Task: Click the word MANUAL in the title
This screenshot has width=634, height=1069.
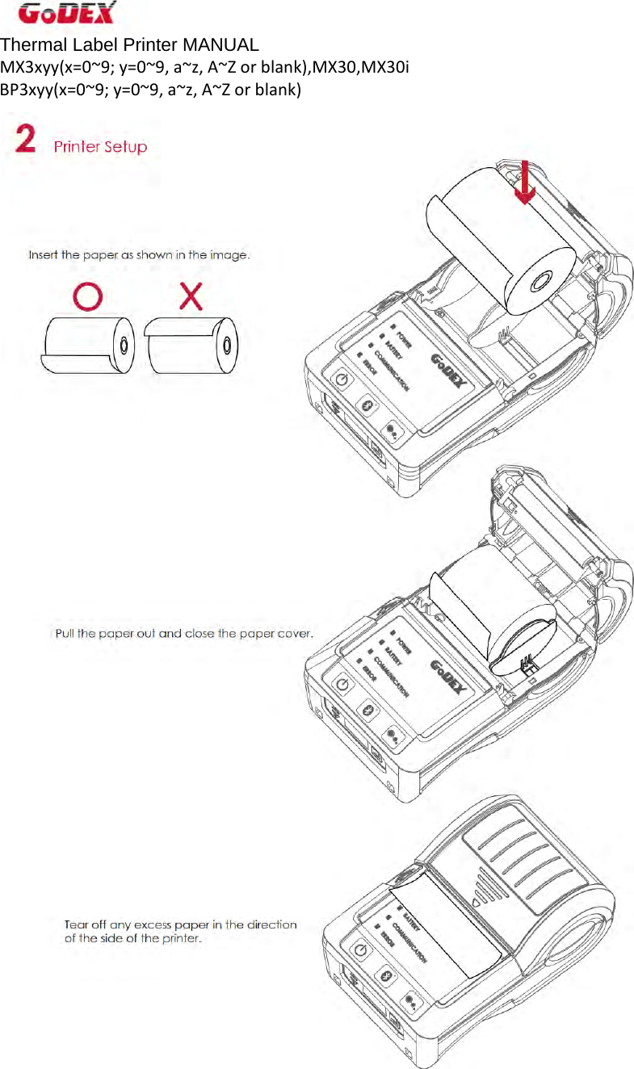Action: [x=220, y=44]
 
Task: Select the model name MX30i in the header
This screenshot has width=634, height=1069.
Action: [x=387, y=66]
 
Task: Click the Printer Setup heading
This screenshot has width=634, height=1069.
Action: [x=100, y=147]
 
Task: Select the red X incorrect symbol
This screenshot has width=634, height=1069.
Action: [x=191, y=297]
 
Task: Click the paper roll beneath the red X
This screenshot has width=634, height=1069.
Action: [x=191, y=345]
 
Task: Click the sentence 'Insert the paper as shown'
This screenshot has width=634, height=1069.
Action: [x=139, y=255]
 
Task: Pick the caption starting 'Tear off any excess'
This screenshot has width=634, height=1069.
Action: [x=180, y=931]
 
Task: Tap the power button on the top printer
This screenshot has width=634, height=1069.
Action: [x=342, y=380]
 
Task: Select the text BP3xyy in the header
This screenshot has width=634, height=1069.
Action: [x=26, y=88]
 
